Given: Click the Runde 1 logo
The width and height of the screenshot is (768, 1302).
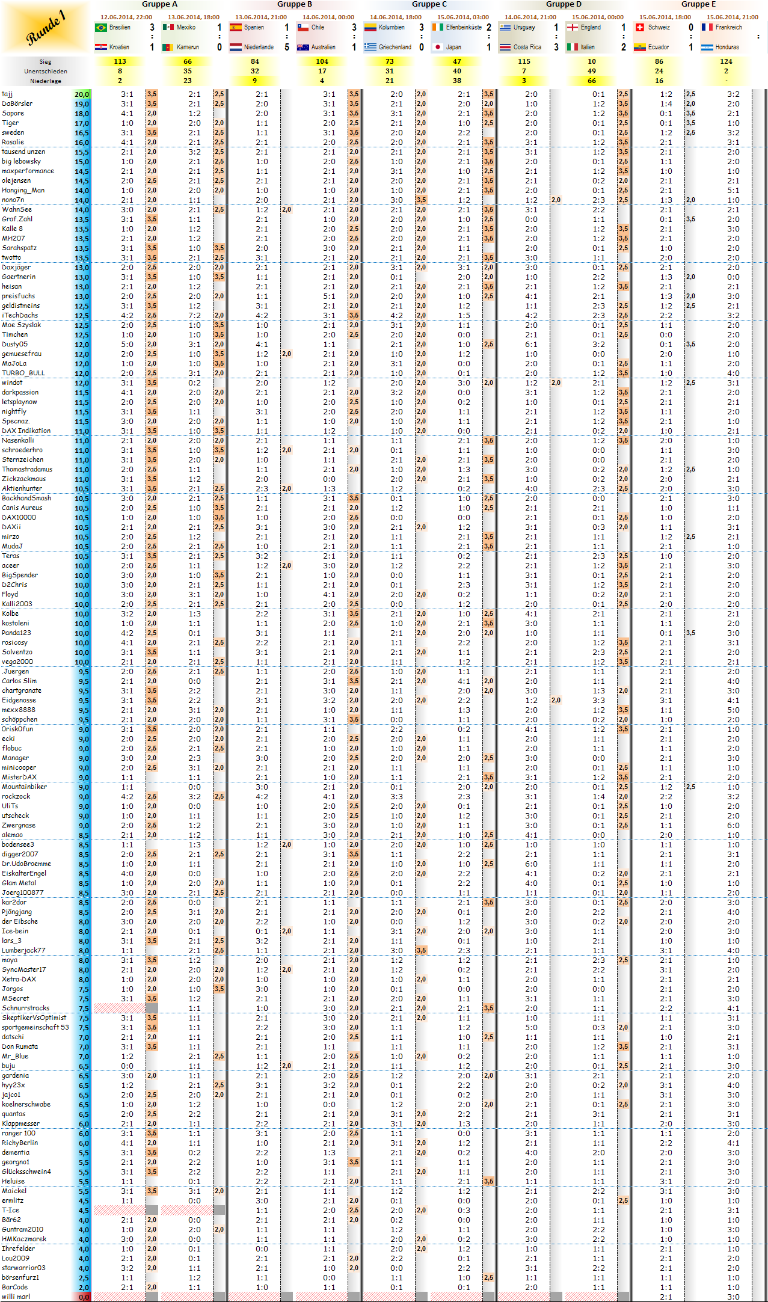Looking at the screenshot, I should pyautogui.click(x=46, y=28).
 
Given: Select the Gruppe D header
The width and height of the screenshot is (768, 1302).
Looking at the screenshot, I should pyautogui.click(x=564, y=4).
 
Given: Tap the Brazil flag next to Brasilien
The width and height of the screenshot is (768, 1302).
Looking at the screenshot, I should pyautogui.click(x=101, y=28).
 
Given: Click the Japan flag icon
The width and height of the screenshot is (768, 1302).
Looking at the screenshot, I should pyautogui.click(x=438, y=47).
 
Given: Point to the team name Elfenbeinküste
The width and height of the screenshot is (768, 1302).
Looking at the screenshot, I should pyautogui.click(x=464, y=28).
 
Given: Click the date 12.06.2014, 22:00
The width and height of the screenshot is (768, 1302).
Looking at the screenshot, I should pyautogui.click(x=126, y=17).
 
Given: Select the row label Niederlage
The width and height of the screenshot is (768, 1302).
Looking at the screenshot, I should pyautogui.click(x=46, y=81).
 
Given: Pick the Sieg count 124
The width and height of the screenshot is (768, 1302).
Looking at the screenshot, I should pyautogui.click(x=726, y=61).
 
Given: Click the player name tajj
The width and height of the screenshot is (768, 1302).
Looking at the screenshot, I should pyautogui.click(x=7, y=94).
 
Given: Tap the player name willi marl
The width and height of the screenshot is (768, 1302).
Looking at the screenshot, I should pyautogui.click(x=16, y=1297).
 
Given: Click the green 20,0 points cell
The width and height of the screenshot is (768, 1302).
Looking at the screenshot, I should pyautogui.click(x=82, y=94).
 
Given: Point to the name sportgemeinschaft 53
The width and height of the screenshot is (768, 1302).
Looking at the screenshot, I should pyautogui.click(x=35, y=1027).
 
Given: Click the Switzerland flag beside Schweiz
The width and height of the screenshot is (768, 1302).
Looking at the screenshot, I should pyautogui.click(x=640, y=28).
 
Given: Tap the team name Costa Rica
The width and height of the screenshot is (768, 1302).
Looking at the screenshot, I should pyautogui.click(x=527, y=47).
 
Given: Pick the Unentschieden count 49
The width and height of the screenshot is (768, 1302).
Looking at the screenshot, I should pyautogui.click(x=592, y=71).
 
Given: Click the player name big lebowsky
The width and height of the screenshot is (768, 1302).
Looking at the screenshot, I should pyautogui.click(x=22, y=161).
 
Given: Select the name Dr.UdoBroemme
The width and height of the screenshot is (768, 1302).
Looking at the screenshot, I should pyautogui.click(x=26, y=864).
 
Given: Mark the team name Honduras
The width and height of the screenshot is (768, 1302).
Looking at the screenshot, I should pyautogui.click(x=727, y=47).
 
